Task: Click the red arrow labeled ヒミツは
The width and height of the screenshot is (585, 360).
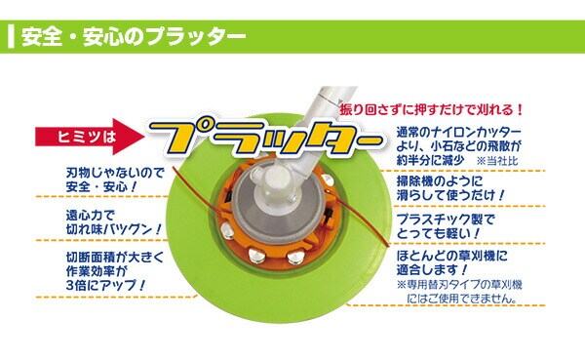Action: click(x=90, y=137)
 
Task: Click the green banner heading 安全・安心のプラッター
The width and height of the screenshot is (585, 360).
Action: click(x=134, y=37)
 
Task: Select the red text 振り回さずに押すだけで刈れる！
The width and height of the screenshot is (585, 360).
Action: click(x=432, y=110)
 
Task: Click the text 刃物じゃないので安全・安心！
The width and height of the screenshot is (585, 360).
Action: click(x=115, y=180)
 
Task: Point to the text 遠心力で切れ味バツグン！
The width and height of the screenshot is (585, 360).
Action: click(x=114, y=221)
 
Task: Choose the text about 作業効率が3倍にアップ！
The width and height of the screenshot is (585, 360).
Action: click(x=114, y=271)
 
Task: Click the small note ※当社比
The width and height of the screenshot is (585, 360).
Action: click(x=497, y=161)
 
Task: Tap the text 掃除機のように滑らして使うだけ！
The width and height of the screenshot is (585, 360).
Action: click(x=450, y=188)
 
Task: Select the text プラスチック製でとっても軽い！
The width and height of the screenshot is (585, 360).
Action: click(x=446, y=226)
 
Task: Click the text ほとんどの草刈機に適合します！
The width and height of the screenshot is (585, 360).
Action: click(x=451, y=262)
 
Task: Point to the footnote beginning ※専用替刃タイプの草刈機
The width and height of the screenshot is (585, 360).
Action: click(x=459, y=292)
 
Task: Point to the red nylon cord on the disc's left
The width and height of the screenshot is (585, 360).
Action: click(x=194, y=189)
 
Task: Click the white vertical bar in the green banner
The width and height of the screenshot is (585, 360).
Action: click(x=11, y=37)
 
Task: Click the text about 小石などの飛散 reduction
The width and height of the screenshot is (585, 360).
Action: click(x=458, y=146)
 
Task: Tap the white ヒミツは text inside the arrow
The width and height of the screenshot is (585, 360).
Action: click(x=87, y=137)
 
